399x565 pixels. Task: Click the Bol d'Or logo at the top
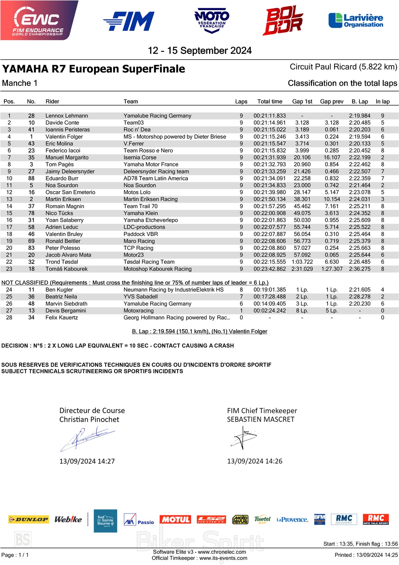coord(283,21)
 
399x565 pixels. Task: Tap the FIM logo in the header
coord(129,21)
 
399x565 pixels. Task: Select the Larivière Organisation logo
coord(356,21)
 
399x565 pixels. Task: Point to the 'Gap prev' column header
coord(332,101)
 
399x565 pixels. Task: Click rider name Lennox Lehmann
coord(67,116)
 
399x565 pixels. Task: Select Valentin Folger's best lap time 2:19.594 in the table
coord(359,137)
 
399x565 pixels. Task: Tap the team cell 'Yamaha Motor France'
coord(151,164)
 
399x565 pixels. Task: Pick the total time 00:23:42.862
coord(270,269)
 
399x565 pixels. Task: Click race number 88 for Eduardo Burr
coord(31,178)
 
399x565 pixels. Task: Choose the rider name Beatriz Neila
coord(61,297)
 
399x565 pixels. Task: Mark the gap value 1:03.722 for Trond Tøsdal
coord(302,262)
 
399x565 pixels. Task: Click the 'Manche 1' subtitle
coord(20,83)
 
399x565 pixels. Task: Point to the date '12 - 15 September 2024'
coord(199,51)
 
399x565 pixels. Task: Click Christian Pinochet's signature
coord(87,438)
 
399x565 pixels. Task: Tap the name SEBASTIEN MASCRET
coord(261,419)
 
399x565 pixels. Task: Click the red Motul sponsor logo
coord(175,519)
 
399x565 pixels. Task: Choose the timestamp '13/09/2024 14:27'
coord(87,461)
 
